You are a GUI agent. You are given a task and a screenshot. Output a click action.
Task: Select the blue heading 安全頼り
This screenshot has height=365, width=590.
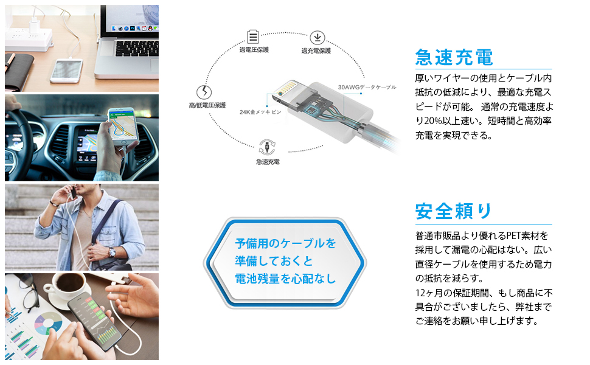pos(454,212)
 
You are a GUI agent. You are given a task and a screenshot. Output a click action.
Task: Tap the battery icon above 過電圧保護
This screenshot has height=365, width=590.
pos(253,36)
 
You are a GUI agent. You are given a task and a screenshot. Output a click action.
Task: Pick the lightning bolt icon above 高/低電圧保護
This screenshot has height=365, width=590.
pos(206,93)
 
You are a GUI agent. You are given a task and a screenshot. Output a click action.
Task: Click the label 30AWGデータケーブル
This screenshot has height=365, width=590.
pos(367,87)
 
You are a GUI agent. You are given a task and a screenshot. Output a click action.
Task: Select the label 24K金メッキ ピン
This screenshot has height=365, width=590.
pos(260,112)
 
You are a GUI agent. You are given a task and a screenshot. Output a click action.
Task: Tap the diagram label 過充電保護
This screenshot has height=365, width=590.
pos(316,50)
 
